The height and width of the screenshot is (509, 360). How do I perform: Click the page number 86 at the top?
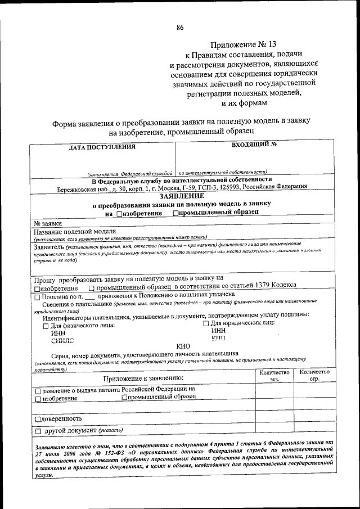180,27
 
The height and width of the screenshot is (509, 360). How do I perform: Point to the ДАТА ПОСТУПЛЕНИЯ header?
102,147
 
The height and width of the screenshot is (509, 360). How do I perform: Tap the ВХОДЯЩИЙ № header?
254,145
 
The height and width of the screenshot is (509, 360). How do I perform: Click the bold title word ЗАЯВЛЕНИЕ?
182,195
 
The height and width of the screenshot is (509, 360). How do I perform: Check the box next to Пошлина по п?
37,294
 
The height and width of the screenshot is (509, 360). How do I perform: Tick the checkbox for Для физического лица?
46,325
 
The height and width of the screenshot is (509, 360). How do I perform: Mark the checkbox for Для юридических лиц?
205,323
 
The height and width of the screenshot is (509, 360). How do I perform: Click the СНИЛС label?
62,340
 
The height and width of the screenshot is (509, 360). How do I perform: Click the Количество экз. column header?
274,376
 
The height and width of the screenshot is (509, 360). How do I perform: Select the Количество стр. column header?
314,376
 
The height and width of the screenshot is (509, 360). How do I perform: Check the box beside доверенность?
38,419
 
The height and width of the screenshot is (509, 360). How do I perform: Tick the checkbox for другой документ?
38,431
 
